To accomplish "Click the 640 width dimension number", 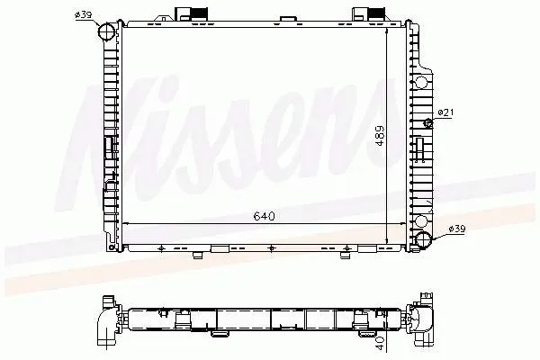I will pyautogui.click(x=264, y=216).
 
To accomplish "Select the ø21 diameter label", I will pyautogui.click(x=447, y=112).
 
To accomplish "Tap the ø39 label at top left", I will pyautogui.click(x=83, y=15).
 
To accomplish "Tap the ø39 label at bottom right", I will pyautogui.click(x=456, y=230).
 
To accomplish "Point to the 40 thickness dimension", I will pyautogui.click(x=381, y=341).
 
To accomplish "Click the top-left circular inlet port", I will pyautogui.click(x=107, y=32).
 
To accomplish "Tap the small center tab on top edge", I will pyautogui.click(x=286, y=18).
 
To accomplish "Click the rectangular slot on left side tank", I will pyautogui.click(x=108, y=148).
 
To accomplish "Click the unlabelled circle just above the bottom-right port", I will pyautogui.click(x=421, y=220).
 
